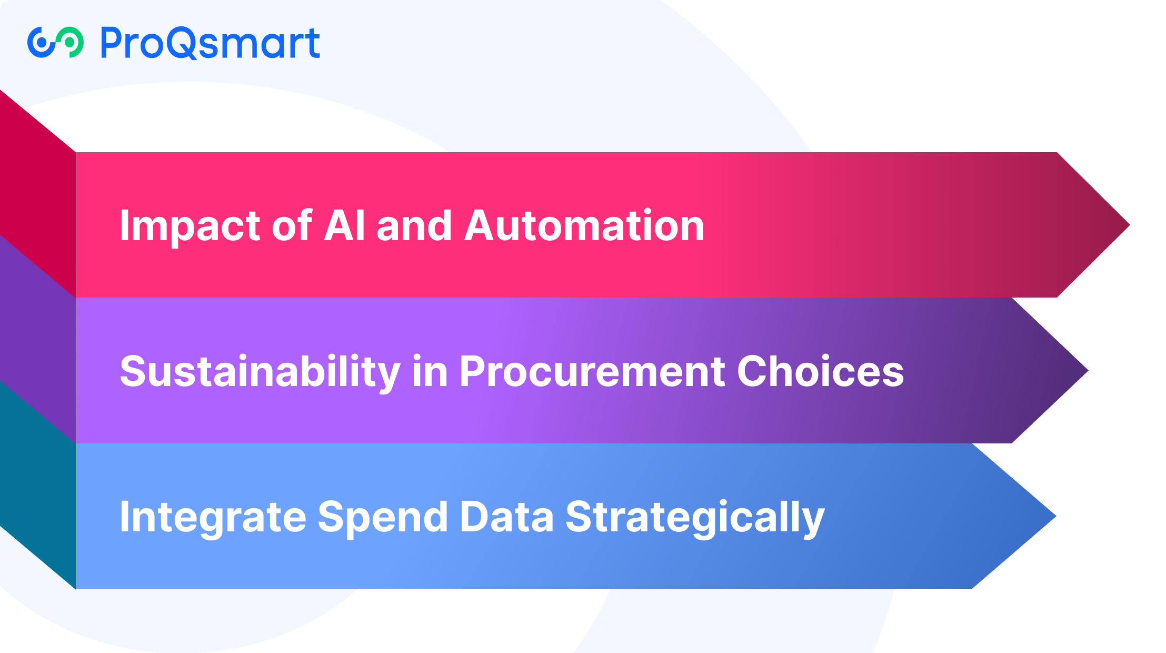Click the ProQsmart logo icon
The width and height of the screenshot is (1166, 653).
pyautogui.click(x=55, y=42)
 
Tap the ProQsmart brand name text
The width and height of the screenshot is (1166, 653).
pyautogui.click(x=210, y=43)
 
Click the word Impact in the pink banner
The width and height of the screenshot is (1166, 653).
pyautogui.click(x=190, y=226)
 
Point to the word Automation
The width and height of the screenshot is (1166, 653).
pyautogui.click(x=584, y=225)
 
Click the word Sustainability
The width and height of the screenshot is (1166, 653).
pyautogui.click(x=260, y=372)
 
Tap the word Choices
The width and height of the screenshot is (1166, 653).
pyautogui.click(x=820, y=371)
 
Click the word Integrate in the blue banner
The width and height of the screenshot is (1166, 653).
pyautogui.click(x=213, y=518)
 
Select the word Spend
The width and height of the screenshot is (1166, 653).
pyautogui.click(x=383, y=518)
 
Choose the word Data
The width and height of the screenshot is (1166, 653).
pyautogui.click(x=506, y=517)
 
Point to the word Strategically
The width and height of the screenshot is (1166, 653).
pyautogui.click(x=695, y=518)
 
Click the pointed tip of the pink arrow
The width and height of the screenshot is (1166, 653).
pyautogui.click(x=1129, y=225)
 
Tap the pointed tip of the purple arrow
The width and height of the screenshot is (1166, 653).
pyautogui.click(x=1087, y=371)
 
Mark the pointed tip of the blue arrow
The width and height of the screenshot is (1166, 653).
pyautogui.click(x=1055, y=517)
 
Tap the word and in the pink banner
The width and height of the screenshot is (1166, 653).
pyautogui.click(x=414, y=225)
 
